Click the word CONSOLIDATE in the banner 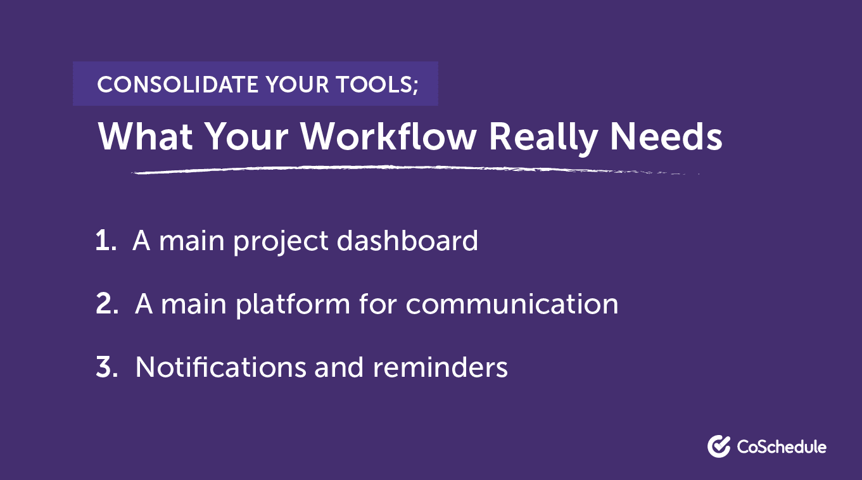coord(177,84)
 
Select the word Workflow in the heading coord(389,137)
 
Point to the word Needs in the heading coord(666,137)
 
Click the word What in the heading coord(145,137)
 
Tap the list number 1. coord(106,241)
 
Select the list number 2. coord(106,304)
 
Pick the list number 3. coord(106,367)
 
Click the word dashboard coord(407,241)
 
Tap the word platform coord(293,306)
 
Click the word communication coord(512,304)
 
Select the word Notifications coord(221,367)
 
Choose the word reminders coord(440,367)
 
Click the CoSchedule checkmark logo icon coord(719,446)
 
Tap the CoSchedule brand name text coord(782,447)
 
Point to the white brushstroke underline coord(415,169)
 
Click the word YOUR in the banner coord(297,84)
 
